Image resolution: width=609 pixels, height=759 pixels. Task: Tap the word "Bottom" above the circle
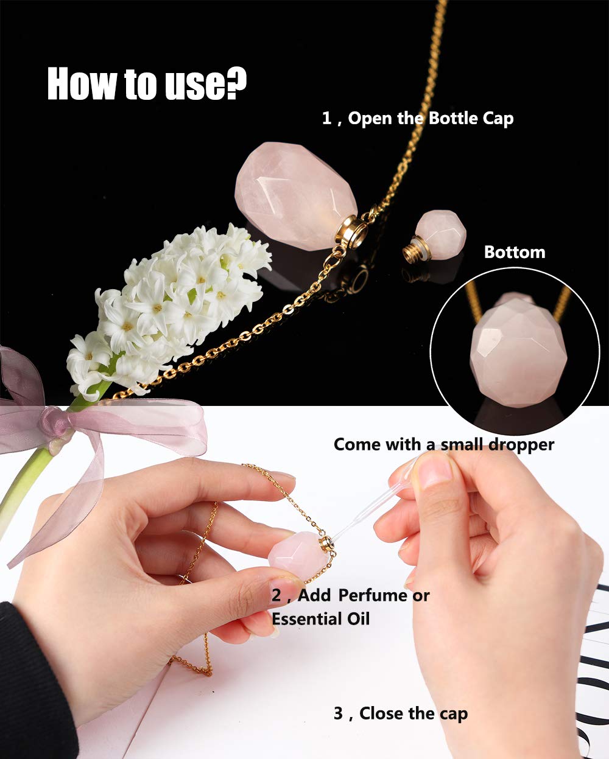[x=515, y=252]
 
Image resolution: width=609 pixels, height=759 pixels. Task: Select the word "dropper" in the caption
[x=521, y=445]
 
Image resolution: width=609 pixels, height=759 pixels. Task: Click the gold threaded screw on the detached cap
[x=410, y=249]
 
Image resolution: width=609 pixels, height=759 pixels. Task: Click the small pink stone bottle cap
[x=440, y=231]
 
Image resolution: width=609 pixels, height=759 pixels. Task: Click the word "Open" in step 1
[x=370, y=119]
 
